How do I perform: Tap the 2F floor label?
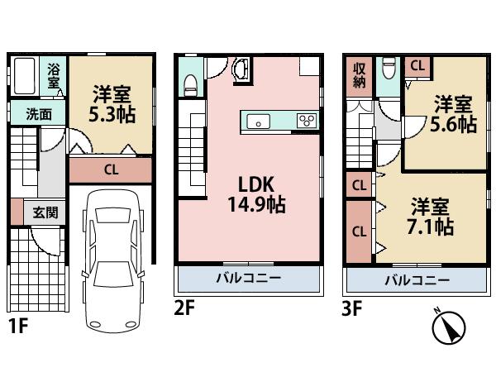[x=184, y=309]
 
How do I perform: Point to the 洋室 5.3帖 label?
[x=111, y=104]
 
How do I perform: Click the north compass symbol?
[x=449, y=327]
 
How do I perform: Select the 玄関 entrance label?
[x=45, y=212]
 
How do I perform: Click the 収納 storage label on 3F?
[x=360, y=76]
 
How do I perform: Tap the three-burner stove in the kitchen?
[x=306, y=122]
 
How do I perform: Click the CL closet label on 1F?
[x=110, y=171]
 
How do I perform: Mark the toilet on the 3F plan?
[x=388, y=67]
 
